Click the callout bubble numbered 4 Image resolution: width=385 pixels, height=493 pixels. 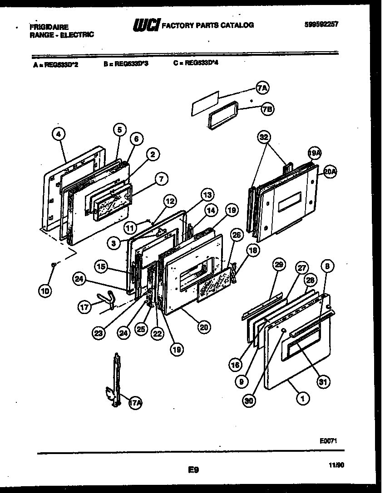click(59, 134)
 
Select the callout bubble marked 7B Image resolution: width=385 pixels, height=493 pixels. click(267, 109)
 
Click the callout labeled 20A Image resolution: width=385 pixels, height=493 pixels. click(330, 171)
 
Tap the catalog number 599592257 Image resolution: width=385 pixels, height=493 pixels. click(321, 24)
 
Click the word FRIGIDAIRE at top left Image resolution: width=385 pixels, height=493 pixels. click(49, 27)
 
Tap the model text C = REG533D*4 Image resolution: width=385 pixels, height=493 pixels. click(196, 64)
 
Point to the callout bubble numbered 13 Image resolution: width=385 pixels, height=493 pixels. click(207, 195)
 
